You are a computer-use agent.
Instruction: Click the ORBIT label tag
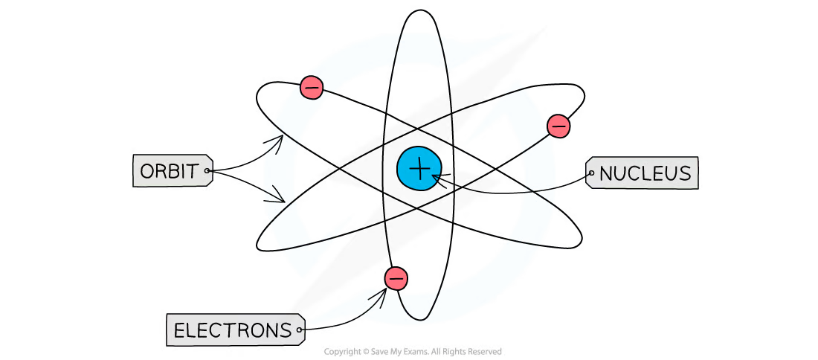(x=173, y=170)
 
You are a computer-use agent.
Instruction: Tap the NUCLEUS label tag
(x=642, y=173)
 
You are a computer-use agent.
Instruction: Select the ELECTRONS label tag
(x=235, y=330)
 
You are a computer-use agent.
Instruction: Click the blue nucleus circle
(x=419, y=169)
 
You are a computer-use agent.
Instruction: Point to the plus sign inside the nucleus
(x=419, y=169)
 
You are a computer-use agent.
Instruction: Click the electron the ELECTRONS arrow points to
(x=396, y=278)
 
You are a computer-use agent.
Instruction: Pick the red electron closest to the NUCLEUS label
(x=558, y=126)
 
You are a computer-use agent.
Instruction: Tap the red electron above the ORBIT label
(x=312, y=88)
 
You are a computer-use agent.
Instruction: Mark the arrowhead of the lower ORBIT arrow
(x=279, y=196)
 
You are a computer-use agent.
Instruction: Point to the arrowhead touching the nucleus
(x=437, y=177)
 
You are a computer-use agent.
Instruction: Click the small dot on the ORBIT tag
(x=207, y=170)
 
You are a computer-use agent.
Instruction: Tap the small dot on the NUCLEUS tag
(x=592, y=173)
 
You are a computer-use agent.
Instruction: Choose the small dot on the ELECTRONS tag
(x=299, y=330)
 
